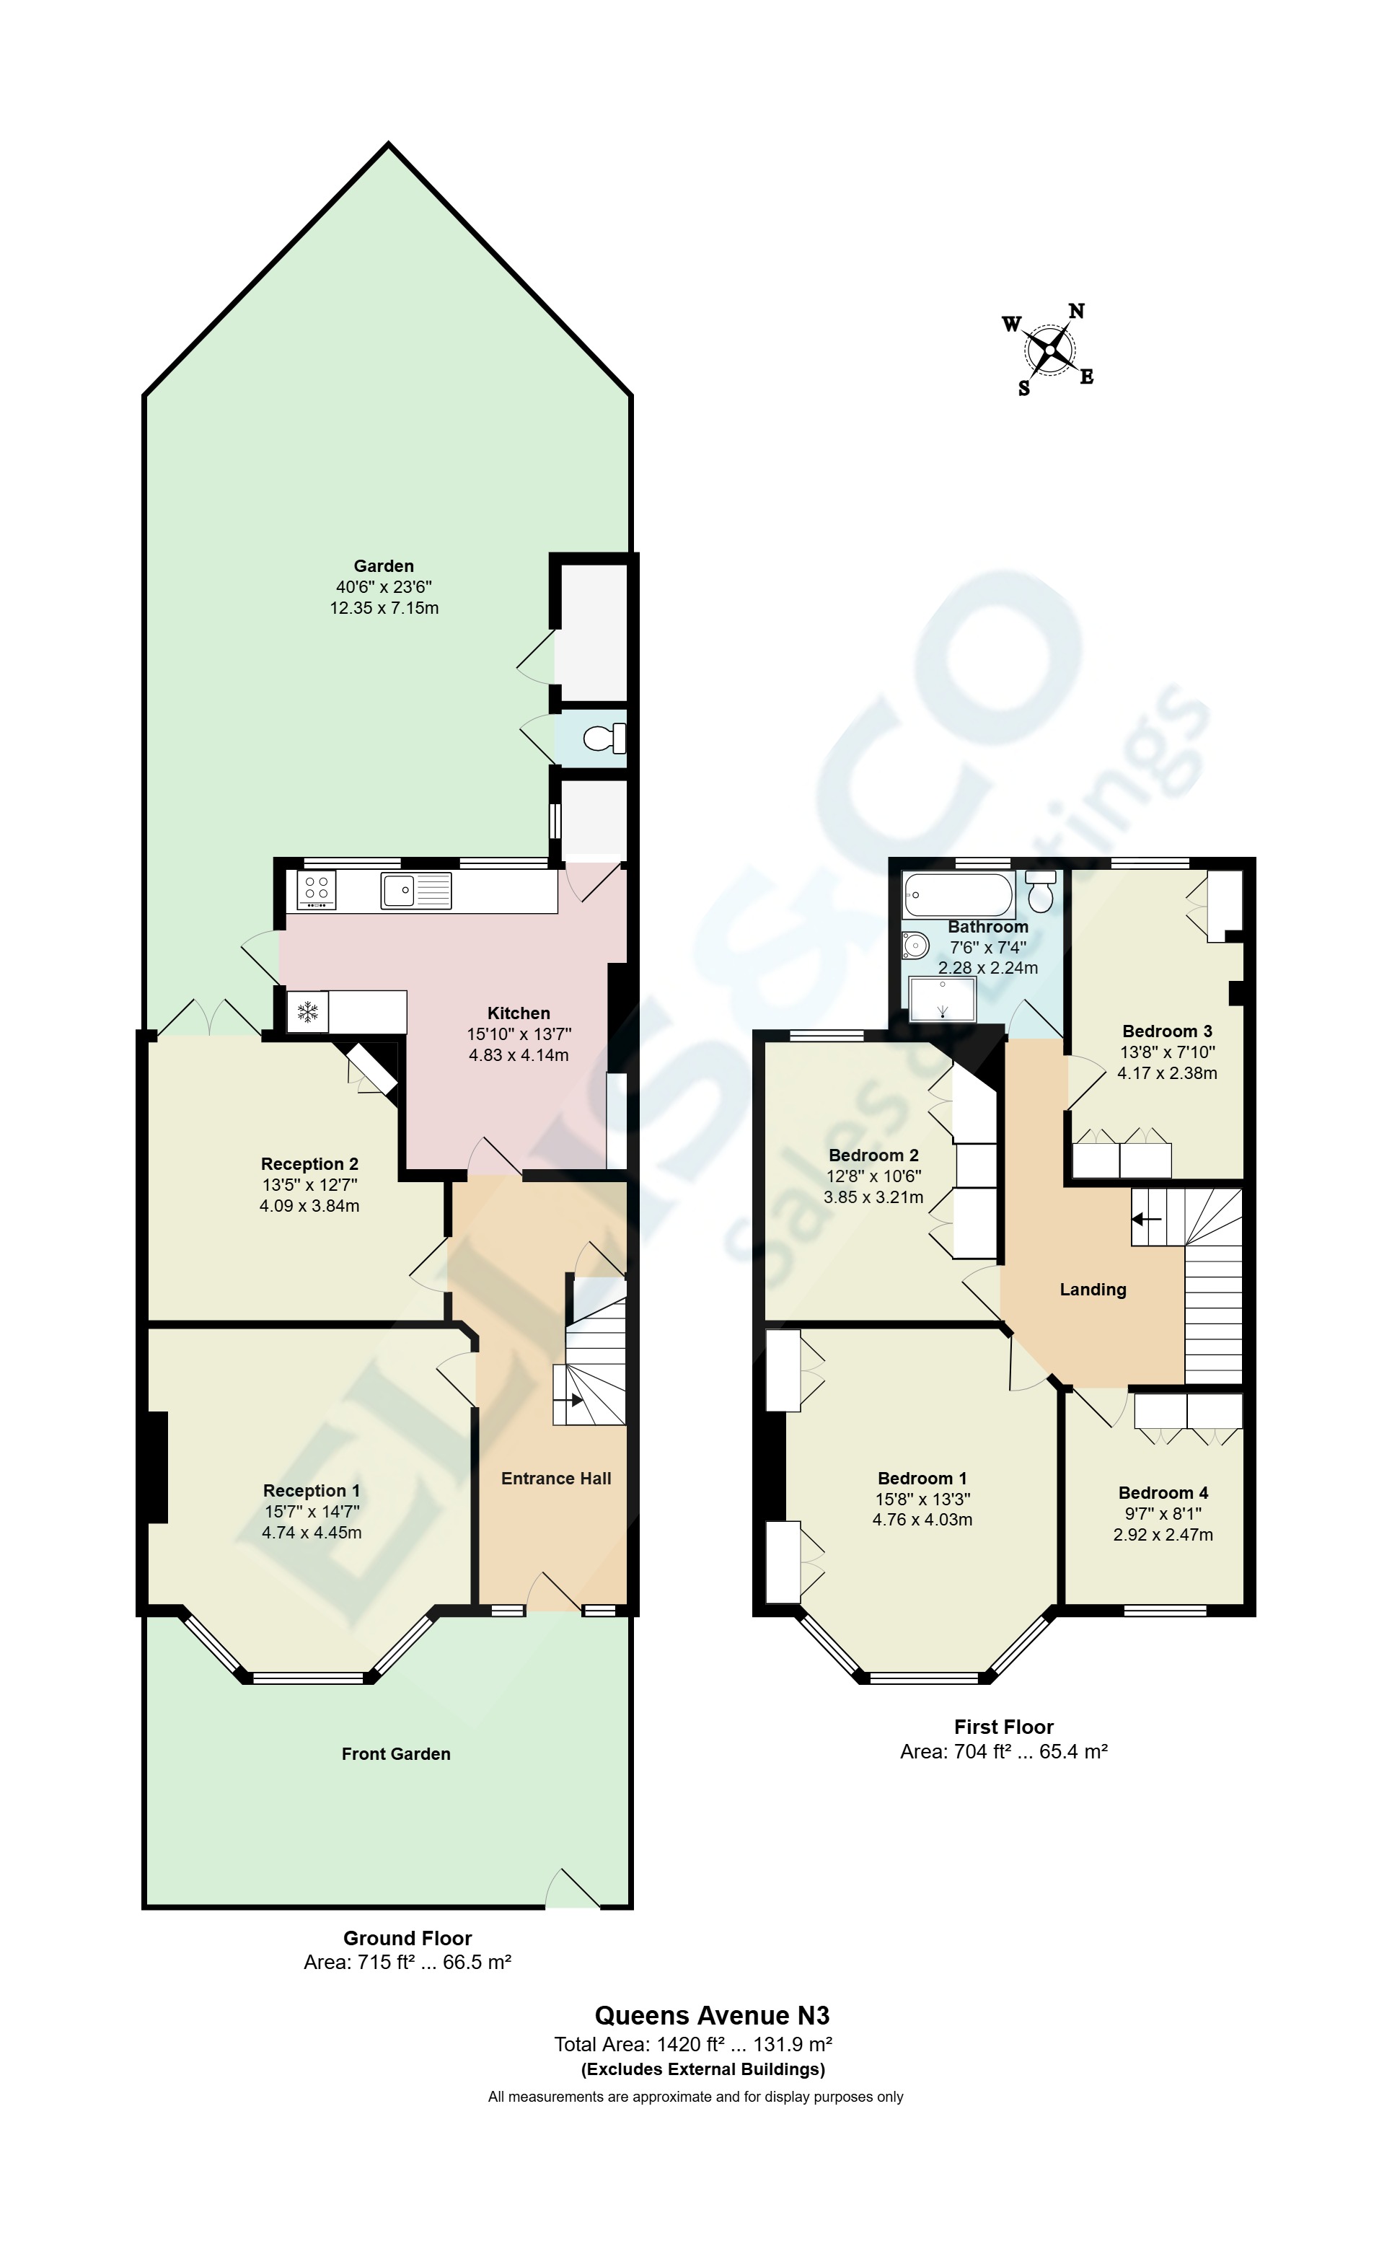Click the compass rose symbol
coord(1049,350)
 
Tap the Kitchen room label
coord(519,1013)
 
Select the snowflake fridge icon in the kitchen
coord(307,1012)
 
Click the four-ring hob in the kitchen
coord(316,890)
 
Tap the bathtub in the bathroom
coord(958,893)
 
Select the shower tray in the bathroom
coord(942,999)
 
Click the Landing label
coord(1093,1290)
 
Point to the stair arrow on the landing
coord(1146,1219)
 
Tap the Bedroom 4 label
coord(1163,1493)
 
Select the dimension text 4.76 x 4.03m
coord(922,1520)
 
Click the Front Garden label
coord(396,1753)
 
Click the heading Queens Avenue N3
coord(712,2016)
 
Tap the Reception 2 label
coord(309,1163)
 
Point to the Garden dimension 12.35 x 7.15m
coord(384,607)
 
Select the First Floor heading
coord(1003,1727)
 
